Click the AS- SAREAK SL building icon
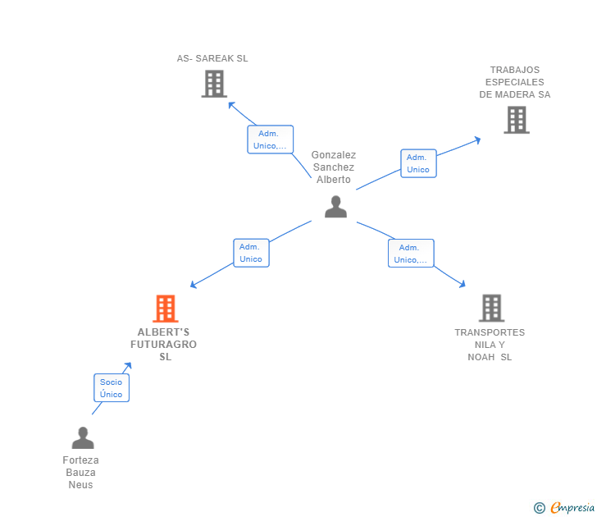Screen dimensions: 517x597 coord(213,84)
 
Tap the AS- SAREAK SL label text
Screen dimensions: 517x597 coord(212,58)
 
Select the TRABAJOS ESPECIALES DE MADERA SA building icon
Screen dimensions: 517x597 coord(516,120)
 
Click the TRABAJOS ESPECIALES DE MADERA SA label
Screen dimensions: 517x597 coord(515,82)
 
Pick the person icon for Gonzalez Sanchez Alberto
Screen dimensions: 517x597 coord(335,207)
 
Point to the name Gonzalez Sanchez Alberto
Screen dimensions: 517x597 coord(334,167)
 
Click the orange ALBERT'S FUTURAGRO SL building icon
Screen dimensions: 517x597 coord(166,309)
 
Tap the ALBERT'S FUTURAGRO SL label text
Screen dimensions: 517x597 coord(166,345)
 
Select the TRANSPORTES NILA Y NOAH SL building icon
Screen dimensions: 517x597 coord(491,308)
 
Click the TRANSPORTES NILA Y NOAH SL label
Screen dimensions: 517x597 coord(490,345)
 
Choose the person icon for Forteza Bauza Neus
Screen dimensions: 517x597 coord(82,438)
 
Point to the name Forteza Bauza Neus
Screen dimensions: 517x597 coord(81,473)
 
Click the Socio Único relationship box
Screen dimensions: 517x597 coord(112,388)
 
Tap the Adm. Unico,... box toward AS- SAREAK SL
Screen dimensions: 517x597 coord(270,140)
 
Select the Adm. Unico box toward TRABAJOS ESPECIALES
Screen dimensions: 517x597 coord(418,163)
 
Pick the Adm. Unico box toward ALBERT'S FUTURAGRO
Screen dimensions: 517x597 coord(251,253)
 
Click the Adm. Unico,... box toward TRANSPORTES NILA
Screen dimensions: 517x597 coord(410,254)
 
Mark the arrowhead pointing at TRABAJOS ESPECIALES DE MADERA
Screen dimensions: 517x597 coord(477,140)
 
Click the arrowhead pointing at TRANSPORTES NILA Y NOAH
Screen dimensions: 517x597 coord(463,285)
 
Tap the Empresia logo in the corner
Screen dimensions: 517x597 coord(565,508)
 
